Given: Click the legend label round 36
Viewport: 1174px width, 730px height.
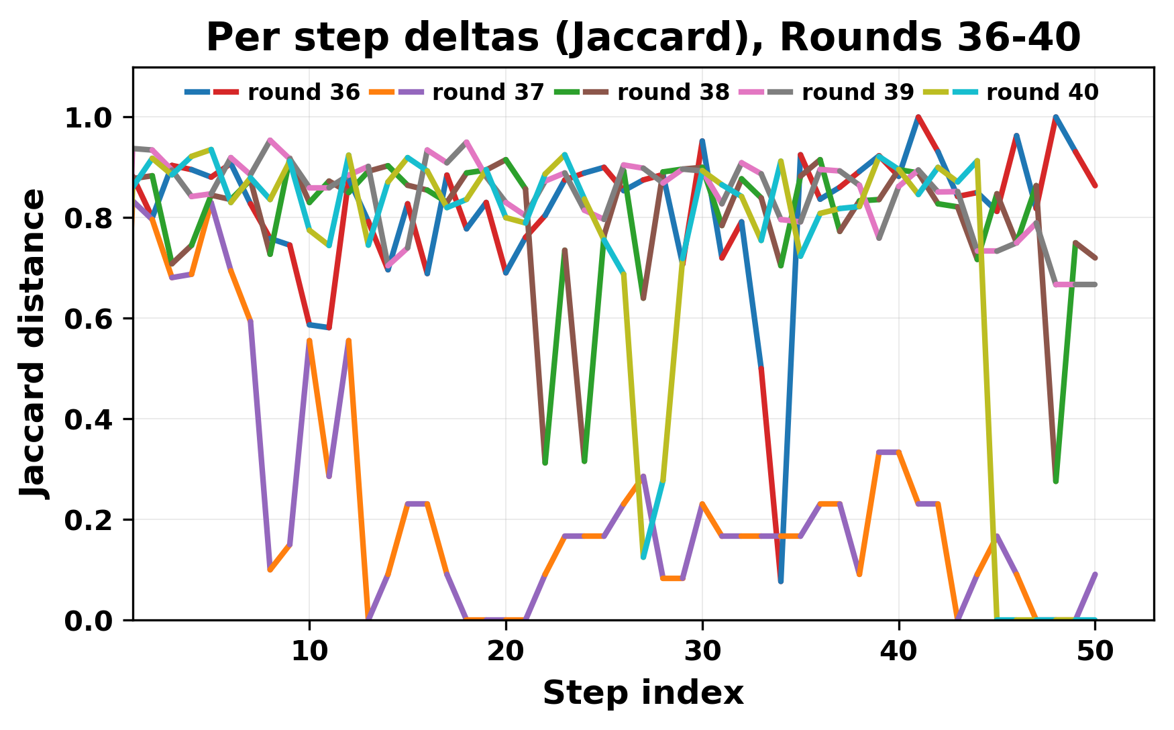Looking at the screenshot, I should [304, 93].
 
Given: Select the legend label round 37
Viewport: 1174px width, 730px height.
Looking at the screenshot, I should [488, 93].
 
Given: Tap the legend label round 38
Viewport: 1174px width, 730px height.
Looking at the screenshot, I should [673, 93].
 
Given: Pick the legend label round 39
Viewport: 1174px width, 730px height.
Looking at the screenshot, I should [857, 93].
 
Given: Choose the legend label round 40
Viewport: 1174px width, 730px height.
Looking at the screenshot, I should [1042, 93].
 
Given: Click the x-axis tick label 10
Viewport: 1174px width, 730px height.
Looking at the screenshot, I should [309, 651].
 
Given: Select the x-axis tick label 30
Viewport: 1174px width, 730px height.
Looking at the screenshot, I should [702, 651].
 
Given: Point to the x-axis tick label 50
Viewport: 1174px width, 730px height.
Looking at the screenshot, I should [1095, 651].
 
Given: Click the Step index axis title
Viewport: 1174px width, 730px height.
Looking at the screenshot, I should [643, 693].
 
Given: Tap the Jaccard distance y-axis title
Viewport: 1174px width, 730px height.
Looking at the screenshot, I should [34, 344].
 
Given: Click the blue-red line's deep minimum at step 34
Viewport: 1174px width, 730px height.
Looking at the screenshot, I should [781, 581].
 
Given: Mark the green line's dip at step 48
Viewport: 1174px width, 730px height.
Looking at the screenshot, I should [1056, 482].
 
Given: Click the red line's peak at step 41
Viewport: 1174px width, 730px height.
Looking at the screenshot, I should [918, 117].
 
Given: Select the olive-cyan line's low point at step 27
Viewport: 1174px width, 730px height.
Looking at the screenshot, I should [643, 558].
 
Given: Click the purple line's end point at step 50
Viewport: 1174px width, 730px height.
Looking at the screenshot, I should [1095, 574].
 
